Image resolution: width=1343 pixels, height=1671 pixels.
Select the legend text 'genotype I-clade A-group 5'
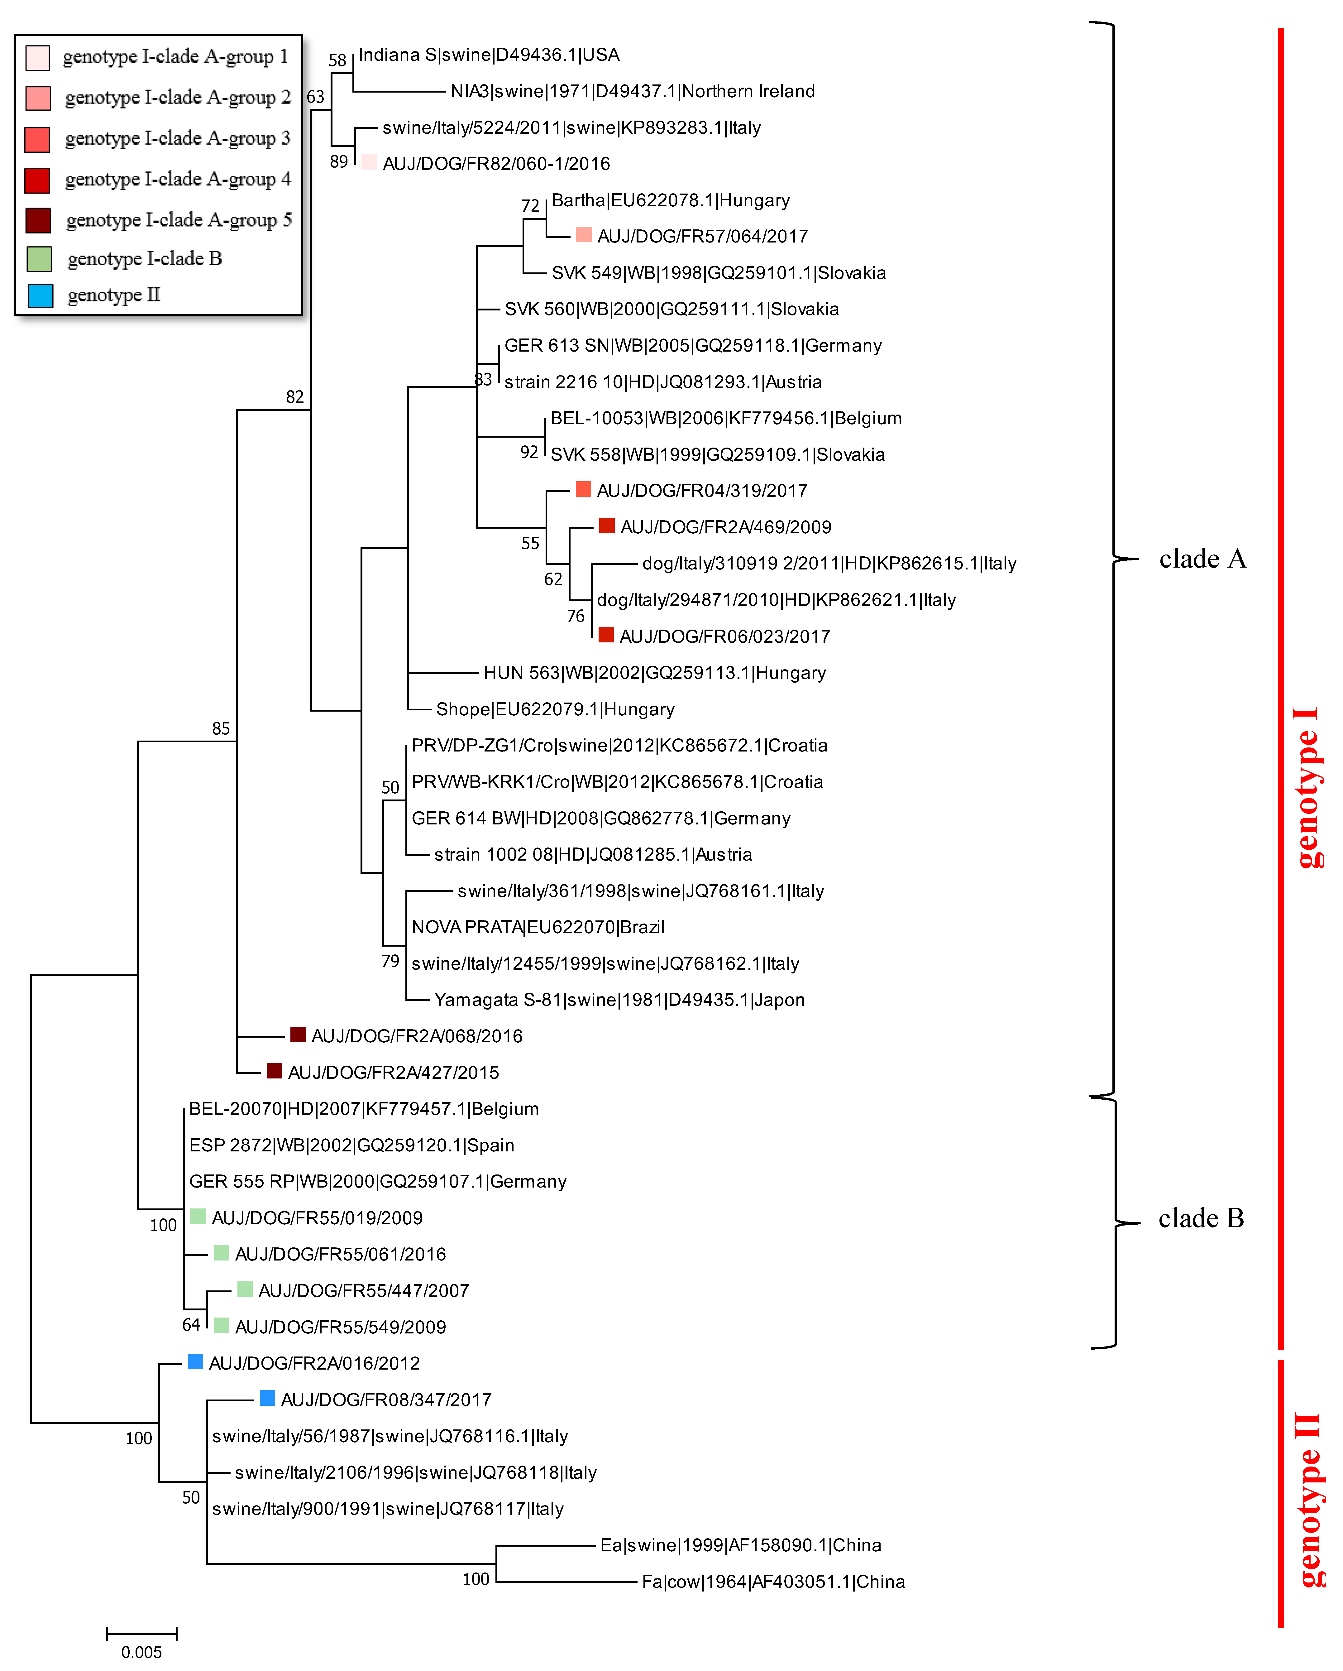[179, 220]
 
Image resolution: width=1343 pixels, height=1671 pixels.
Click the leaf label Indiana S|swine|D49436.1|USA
[489, 55]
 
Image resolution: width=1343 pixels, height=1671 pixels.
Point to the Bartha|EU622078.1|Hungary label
[670, 201]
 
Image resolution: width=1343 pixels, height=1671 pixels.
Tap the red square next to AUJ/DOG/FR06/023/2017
[606, 635]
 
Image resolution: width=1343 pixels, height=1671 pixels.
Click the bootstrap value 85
[221, 728]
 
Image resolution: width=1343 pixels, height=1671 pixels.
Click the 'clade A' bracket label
[1202, 559]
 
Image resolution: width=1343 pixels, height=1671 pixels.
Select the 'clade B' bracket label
[1200, 1218]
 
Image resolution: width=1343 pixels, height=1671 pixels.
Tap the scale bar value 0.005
[142, 1652]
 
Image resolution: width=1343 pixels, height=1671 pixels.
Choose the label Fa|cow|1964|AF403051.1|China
[773, 1582]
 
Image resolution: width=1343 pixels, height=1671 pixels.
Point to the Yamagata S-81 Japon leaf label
[619, 1000]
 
